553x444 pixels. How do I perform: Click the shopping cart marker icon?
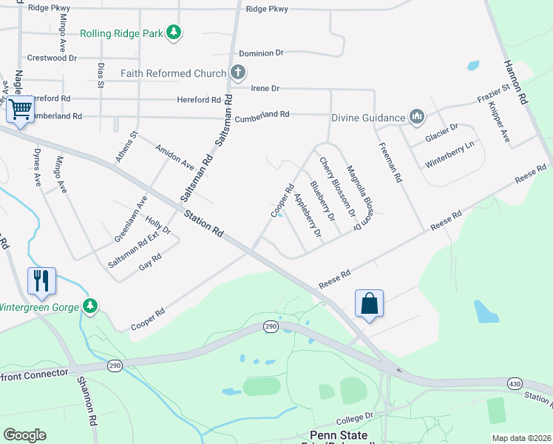[x=21, y=110]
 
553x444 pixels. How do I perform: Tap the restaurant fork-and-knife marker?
[x=41, y=280]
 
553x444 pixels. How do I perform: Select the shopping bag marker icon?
[x=369, y=303]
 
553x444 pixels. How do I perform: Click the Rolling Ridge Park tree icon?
[x=174, y=33]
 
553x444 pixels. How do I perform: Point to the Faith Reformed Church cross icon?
[x=237, y=73]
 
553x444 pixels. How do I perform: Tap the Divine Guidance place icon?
[x=417, y=117]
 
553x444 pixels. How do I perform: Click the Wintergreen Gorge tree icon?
[x=90, y=306]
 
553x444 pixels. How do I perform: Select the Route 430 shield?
[x=516, y=383]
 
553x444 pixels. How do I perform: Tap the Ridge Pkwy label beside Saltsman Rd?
[x=267, y=9]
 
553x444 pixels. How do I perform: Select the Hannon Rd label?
[x=517, y=82]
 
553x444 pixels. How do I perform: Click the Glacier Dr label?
[x=442, y=132]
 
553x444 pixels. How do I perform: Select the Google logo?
[x=24, y=435]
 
